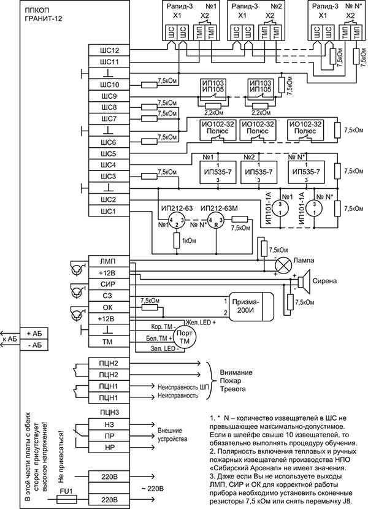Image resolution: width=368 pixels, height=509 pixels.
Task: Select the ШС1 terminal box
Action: [x=108, y=212]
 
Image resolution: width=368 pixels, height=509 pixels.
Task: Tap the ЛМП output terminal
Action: [x=108, y=261]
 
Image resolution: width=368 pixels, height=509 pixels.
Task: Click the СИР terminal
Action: [x=108, y=285]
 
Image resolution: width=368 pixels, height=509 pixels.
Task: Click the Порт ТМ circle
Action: [x=183, y=337]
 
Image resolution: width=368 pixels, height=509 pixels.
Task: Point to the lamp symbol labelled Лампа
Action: [x=283, y=265]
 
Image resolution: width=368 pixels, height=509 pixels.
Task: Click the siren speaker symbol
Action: [x=303, y=280]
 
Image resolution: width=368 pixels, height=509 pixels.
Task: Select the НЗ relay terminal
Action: [x=108, y=423]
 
